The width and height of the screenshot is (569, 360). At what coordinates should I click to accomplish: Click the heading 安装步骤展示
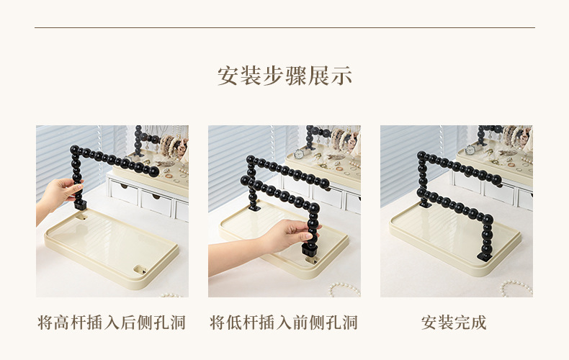coord(284,76)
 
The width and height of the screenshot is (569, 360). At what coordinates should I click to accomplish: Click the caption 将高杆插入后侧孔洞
coord(112,323)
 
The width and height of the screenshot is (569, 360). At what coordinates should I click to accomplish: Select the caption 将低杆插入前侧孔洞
coord(284,323)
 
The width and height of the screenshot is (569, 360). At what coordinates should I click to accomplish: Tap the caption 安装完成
coord(454,323)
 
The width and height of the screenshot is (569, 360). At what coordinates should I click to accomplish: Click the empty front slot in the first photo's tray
coord(140,269)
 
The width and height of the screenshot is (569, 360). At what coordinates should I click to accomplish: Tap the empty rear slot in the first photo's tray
coord(81,217)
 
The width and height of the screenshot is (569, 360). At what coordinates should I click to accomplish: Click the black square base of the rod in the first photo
coord(80,205)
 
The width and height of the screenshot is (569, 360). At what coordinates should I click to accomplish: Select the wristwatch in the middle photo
coord(299,154)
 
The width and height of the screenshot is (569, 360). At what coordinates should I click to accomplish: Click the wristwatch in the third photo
coord(470,150)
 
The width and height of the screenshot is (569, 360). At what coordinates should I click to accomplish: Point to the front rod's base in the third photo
coord(485,256)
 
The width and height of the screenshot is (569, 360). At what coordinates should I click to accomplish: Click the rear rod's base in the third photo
coord(424,204)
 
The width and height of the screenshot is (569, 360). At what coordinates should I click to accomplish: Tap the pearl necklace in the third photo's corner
coord(516,289)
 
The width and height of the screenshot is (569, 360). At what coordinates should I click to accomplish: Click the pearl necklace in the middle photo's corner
coord(344,290)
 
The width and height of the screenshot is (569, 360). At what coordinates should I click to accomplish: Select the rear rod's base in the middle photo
coord(254,208)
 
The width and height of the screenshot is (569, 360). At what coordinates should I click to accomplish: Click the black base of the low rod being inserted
coord(310,249)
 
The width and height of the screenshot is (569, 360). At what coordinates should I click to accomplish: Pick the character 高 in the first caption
coord(63,323)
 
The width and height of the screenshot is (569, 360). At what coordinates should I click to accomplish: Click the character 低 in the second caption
coord(234,323)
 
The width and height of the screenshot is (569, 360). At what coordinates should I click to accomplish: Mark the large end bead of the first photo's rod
coord(153,171)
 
